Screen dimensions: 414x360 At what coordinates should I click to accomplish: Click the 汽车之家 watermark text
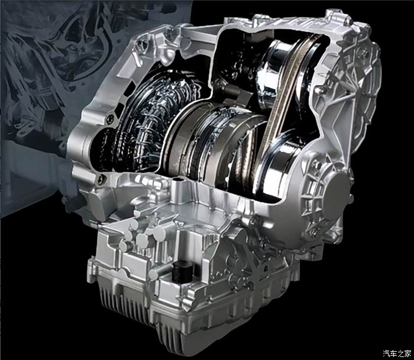point(397,353)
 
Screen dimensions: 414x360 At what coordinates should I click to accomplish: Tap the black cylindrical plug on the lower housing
point(180,271)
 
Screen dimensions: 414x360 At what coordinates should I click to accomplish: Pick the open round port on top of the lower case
point(178,180)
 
